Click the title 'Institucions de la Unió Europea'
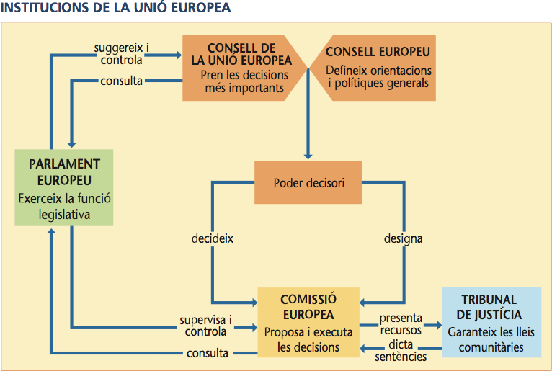click(115, 8)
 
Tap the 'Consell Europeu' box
click(378, 68)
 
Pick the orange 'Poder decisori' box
click(308, 182)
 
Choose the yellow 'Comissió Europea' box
click(308, 323)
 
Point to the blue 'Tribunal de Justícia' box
click(491, 323)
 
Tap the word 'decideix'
click(213, 238)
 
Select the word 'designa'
click(404, 238)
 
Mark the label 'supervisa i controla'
click(206, 326)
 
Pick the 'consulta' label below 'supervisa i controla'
click(208, 353)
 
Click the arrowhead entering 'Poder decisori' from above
click(308, 156)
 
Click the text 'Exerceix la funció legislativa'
click(64, 205)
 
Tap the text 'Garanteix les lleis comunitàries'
click(492, 340)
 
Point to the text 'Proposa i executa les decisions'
click(308, 340)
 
